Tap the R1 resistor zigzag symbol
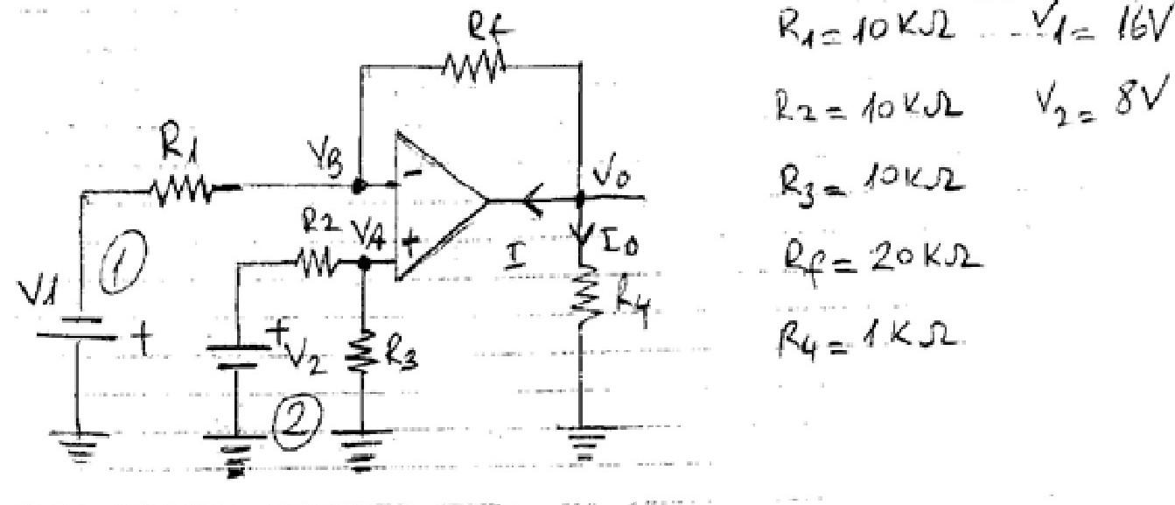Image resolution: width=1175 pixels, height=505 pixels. click(x=181, y=187)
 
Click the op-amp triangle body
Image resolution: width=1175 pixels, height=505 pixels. click(x=437, y=207)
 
